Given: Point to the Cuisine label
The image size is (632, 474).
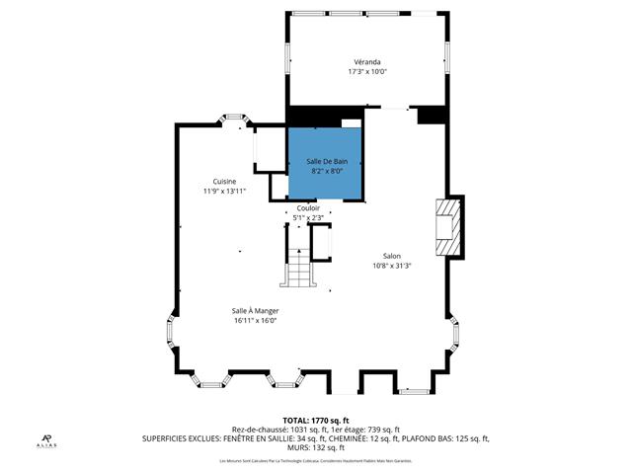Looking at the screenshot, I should coord(223,181).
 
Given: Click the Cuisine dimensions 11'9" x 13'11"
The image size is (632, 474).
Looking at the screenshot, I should coord(223,192).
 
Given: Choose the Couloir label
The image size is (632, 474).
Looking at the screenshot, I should coord(308,208).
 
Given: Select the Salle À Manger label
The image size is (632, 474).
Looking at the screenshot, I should coord(255,310).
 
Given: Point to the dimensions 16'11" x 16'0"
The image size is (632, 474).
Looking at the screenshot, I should coord(255,320).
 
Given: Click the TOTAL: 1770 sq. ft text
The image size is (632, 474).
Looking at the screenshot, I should coord(316,420).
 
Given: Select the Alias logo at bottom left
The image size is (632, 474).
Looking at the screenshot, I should coord(45,442).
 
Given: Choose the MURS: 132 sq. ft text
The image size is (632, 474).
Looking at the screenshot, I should coord(316,446).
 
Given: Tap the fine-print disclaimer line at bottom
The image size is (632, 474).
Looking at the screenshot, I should coord(316,460).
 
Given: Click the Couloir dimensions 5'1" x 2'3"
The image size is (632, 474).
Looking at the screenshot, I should coord(308,218).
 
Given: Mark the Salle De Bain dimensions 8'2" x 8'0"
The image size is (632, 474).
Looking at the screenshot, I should coord(326,170).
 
